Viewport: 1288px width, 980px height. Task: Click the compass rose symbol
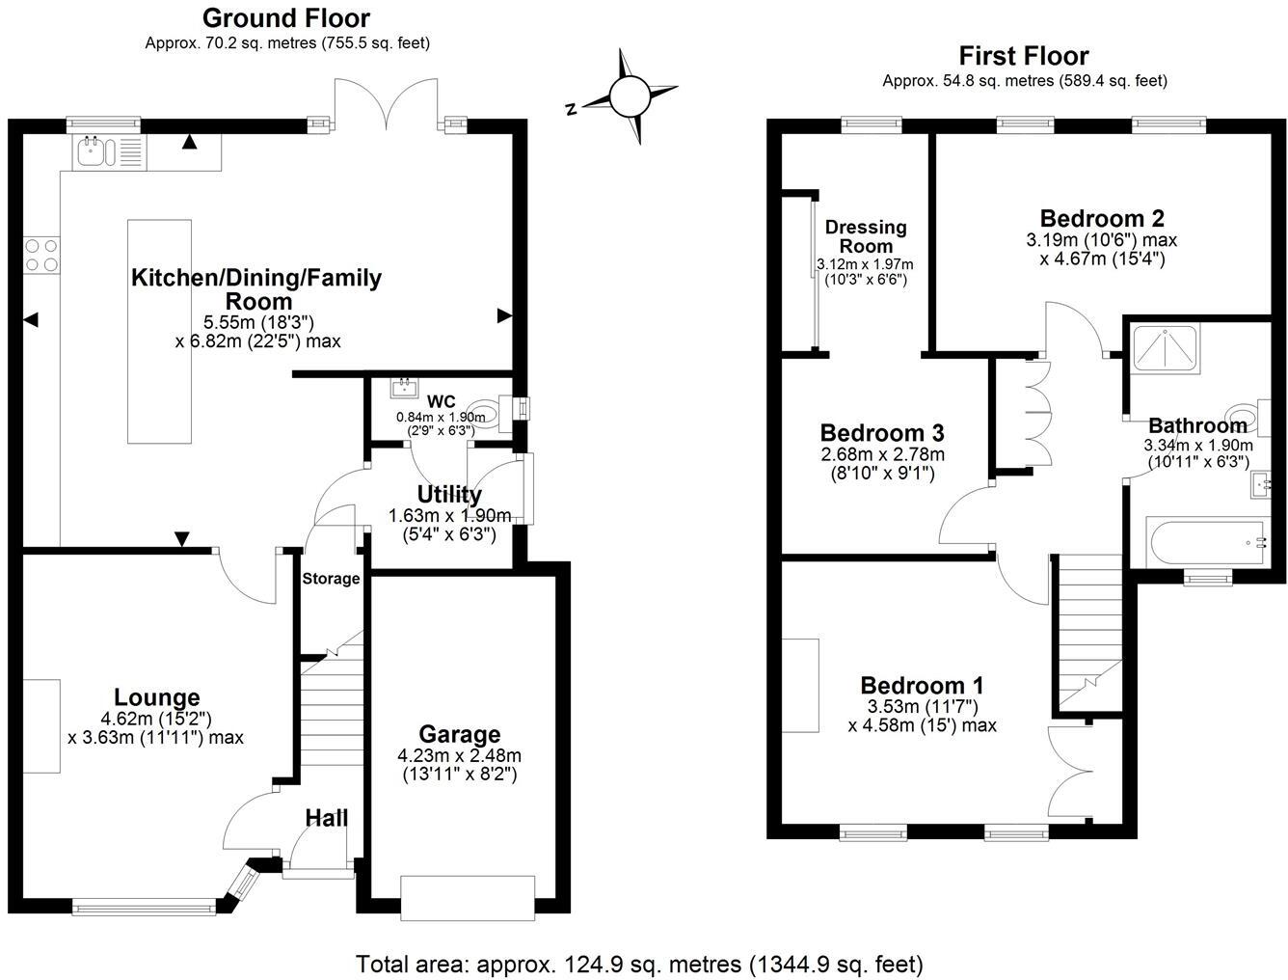[631, 96]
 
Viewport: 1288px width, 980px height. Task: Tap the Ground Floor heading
[286, 17]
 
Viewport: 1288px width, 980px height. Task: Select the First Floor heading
[1024, 56]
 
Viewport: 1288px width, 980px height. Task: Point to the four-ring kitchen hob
[40, 255]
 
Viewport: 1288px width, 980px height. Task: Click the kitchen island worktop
[159, 331]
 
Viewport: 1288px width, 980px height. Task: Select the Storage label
[331, 579]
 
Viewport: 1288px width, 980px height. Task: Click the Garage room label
[459, 735]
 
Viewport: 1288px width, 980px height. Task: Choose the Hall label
[327, 819]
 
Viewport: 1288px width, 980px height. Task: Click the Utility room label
[449, 496]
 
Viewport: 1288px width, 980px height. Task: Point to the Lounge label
[157, 697]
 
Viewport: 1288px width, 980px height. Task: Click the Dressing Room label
[866, 236]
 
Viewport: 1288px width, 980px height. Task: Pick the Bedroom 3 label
[881, 432]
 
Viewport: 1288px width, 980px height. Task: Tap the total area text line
[639, 964]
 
